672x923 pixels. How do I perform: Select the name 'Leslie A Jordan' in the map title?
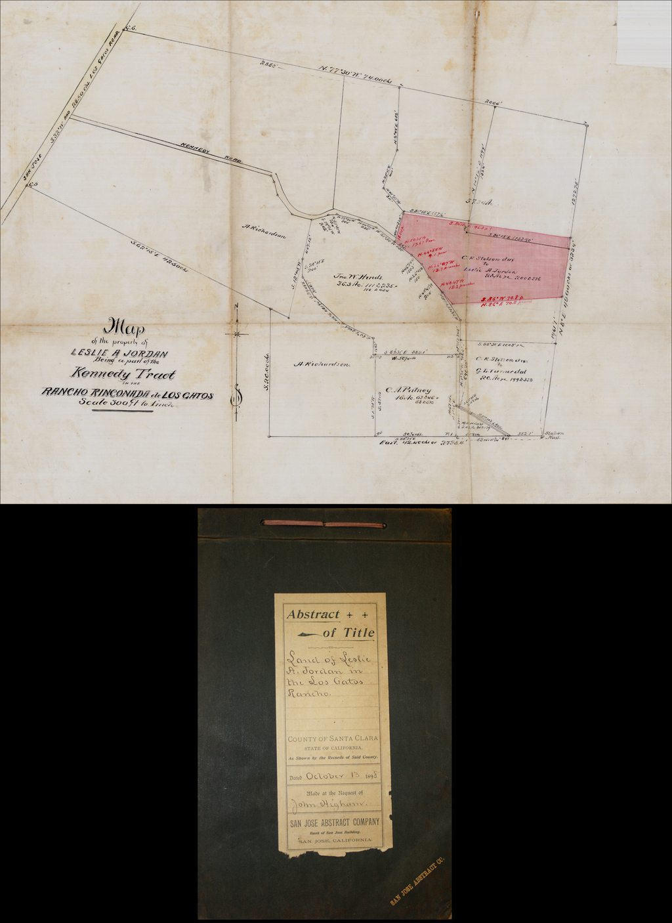pyautogui.click(x=119, y=353)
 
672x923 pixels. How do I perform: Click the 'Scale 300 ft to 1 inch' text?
pyautogui.click(x=126, y=403)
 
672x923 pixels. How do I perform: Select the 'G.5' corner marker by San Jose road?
pyautogui.click(x=33, y=184)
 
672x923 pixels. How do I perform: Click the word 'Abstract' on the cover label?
pyautogui.click(x=313, y=615)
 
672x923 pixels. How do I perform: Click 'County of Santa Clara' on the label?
pyautogui.click(x=333, y=739)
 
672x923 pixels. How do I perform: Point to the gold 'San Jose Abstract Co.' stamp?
pyautogui.click(x=417, y=880)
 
